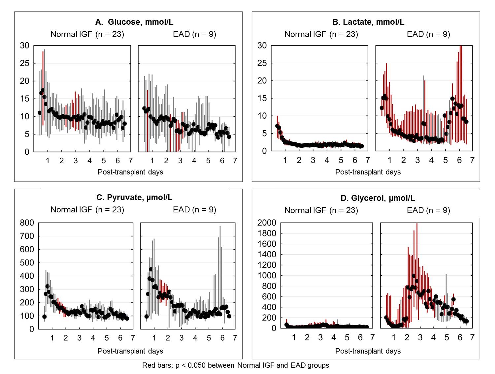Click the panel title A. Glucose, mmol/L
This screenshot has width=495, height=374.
pyautogui.click(x=134, y=22)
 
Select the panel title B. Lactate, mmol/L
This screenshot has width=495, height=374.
pyautogui.click(x=368, y=22)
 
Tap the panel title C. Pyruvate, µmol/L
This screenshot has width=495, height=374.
pyautogui.click(x=134, y=198)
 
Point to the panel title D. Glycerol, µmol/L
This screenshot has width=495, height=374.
pyautogui.click(x=378, y=198)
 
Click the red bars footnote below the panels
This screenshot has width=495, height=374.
pyautogui.click(x=236, y=365)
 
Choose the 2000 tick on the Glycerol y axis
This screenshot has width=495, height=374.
pyautogui.click(x=267, y=223)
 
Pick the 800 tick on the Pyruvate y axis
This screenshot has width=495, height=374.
pyautogui.click(x=27, y=223)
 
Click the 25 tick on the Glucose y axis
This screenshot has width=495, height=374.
pyautogui.click(x=24, y=63)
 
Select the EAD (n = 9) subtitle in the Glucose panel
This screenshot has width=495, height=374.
pyautogui.click(x=194, y=34)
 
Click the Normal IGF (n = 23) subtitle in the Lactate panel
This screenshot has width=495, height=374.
pyautogui.click(x=321, y=34)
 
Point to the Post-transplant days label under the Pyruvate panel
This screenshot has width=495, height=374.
pyautogui.click(x=130, y=351)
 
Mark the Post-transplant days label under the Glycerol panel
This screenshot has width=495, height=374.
pyautogui.click(x=368, y=351)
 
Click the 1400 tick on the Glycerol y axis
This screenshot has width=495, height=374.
pyautogui.click(x=267, y=254)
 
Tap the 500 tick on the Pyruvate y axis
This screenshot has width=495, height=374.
pyautogui.click(x=27, y=263)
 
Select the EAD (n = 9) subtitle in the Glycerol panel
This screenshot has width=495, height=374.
pyautogui.click(x=428, y=210)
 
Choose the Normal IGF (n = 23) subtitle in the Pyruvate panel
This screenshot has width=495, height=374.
pyautogui.click(x=87, y=210)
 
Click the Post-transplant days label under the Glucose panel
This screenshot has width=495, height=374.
pyautogui.click(x=130, y=172)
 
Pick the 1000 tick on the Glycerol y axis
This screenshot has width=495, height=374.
pyautogui.click(x=267, y=275)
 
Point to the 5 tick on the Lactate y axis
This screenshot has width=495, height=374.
pyautogui.click(x=264, y=134)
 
